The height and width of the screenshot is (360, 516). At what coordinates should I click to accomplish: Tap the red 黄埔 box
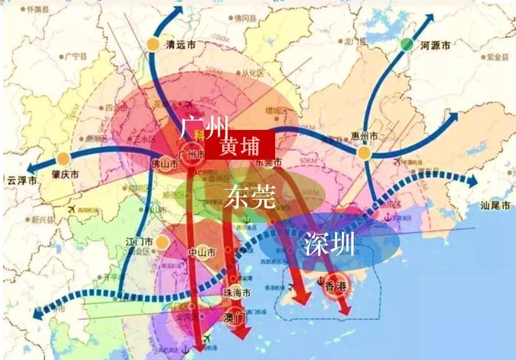(x=240, y=145)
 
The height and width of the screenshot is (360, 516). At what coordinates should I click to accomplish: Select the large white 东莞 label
(x=249, y=197)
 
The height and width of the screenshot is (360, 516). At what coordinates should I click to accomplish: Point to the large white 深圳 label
(x=329, y=244)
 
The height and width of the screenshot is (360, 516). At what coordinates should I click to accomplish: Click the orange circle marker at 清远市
(x=153, y=44)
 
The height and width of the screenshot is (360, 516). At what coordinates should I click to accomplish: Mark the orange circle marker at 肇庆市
(x=63, y=159)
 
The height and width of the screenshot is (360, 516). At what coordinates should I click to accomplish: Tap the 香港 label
(x=336, y=285)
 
